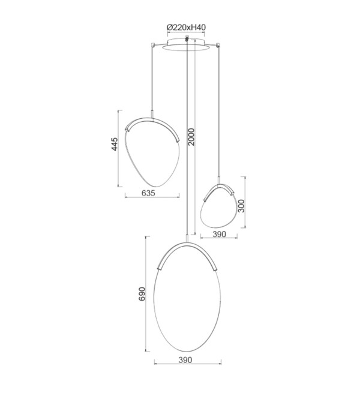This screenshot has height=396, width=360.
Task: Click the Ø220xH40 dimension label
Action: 186,27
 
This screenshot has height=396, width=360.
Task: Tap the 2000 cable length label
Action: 192,137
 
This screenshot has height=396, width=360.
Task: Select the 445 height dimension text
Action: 115,144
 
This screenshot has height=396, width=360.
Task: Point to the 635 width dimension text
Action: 148,193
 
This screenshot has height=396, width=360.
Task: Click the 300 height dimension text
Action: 242,206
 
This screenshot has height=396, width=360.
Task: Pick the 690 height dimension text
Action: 142,294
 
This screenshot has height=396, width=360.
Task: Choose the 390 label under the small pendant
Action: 219,235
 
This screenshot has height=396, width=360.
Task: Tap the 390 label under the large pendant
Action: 185,360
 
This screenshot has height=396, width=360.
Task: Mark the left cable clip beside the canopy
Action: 152,45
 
